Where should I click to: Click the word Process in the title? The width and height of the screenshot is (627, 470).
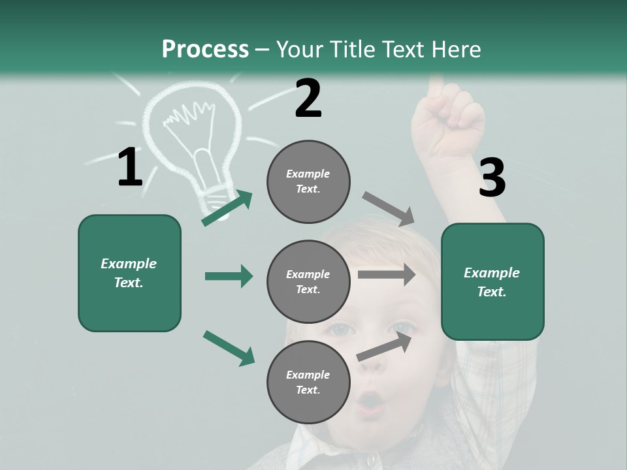coord(205,50)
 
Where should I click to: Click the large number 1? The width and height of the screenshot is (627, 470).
coord(130,168)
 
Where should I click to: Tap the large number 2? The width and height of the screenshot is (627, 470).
coord(308,99)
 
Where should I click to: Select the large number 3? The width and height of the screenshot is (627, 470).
coord(492,178)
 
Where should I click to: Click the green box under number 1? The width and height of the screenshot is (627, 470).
coord(129,273)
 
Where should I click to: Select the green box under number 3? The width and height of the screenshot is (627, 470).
coord(492,282)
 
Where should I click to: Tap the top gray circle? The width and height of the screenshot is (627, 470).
coord(308,181)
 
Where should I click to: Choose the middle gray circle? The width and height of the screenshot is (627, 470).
coord(308,282)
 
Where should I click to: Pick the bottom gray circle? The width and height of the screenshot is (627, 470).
coord(308,383)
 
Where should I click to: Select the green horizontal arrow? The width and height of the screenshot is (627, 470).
coord(229,276)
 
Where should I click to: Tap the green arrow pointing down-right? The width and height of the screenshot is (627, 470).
coord(229,347)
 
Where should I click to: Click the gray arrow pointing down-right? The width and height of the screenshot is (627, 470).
coord(389,209)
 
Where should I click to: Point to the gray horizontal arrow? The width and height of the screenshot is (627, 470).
coord(387,275)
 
